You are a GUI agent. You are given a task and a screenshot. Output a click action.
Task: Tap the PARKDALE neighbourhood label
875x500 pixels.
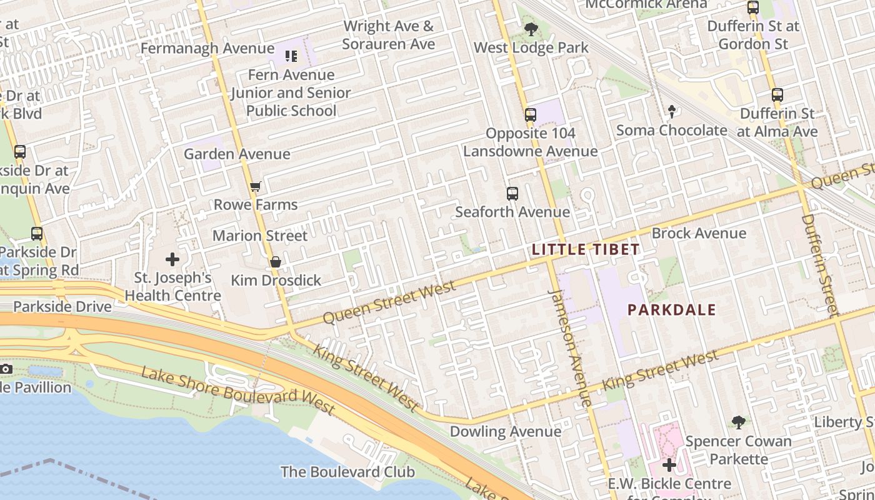(x=671, y=309)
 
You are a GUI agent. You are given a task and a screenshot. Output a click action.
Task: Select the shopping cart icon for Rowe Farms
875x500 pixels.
(x=255, y=187)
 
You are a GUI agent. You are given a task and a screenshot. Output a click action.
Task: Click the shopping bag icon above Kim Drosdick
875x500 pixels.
(x=275, y=262)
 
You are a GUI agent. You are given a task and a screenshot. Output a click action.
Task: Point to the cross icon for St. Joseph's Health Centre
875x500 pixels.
(x=172, y=259)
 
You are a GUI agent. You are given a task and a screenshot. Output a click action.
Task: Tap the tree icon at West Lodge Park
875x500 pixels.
(x=531, y=29)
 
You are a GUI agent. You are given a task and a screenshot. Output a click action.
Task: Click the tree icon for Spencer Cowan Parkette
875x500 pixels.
(x=739, y=422)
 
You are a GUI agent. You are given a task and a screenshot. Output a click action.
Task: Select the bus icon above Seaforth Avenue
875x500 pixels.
(x=512, y=194)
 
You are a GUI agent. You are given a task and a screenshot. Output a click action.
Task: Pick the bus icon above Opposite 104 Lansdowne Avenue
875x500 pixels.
(x=530, y=115)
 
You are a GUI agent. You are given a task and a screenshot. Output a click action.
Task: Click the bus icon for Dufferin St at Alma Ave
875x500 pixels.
(x=777, y=95)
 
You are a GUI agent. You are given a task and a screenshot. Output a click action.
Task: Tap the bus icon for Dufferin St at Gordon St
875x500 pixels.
(x=753, y=7)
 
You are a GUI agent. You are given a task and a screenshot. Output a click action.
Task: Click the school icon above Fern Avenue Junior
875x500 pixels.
(x=291, y=57)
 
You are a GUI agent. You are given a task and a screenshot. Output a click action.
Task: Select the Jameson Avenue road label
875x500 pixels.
(x=569, y=347)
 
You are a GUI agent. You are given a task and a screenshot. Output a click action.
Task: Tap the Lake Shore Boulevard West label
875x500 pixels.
(x=238, y=391)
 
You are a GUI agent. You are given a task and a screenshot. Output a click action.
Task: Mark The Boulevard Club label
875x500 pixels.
(x=347, y=471)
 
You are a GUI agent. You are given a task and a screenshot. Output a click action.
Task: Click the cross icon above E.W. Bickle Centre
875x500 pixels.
(x=669, y=465)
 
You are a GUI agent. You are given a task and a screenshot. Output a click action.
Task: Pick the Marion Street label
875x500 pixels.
(x=260, y=236)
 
